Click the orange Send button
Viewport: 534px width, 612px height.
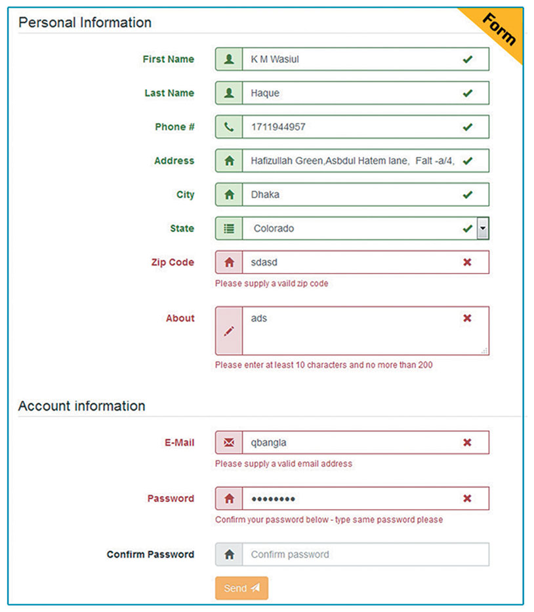241,588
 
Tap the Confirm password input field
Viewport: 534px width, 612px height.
365,554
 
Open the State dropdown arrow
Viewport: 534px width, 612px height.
483,228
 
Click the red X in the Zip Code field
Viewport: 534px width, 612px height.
467,262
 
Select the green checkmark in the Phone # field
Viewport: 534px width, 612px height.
467,127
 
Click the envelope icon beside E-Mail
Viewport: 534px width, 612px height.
229,443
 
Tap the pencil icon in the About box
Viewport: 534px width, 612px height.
229,331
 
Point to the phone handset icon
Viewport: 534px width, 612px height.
229,127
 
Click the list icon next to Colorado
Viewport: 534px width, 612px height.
229,228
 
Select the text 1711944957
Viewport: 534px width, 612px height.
278,127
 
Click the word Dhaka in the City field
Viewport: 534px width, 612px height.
265,195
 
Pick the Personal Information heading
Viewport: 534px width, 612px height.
85,22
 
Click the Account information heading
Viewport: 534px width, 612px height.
81,406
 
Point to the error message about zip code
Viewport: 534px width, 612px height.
272,284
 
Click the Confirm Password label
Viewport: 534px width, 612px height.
150,554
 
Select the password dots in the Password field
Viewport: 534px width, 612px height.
273,499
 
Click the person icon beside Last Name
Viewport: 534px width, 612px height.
229,93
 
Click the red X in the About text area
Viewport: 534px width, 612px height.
467,318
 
